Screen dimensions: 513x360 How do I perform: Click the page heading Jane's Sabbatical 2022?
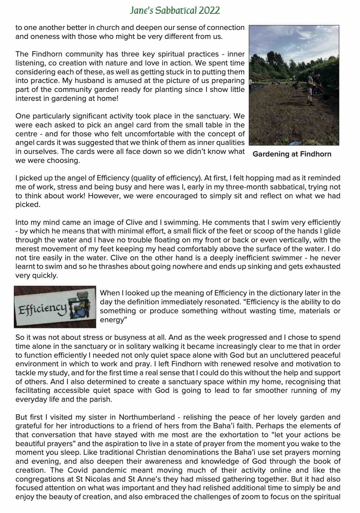tap(175, 11)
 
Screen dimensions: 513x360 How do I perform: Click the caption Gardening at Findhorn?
tap(292, 154)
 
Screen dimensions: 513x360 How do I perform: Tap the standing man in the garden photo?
tap(310, 85)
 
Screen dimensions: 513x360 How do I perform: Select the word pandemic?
tap(111, 470)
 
